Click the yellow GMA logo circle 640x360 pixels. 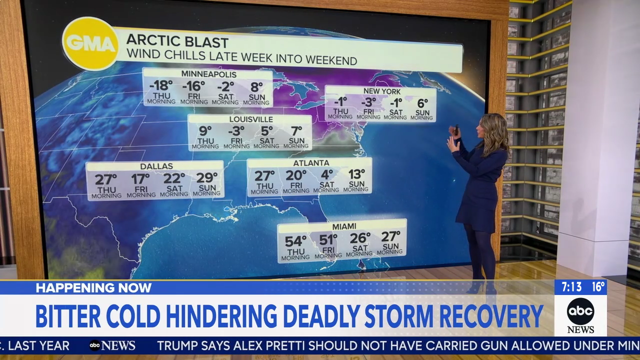tap(90, 44)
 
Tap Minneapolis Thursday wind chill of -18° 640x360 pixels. tap(161, 85)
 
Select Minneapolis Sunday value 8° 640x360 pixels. tap(256, 85)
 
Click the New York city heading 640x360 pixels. tap(381, 91)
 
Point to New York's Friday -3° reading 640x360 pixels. tap(368, 103)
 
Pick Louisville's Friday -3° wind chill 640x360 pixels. tap(236, 131)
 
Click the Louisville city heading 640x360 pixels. tap(251, 119)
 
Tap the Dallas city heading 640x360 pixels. tap(156, 166)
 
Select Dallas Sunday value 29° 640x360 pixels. tap(207, 178)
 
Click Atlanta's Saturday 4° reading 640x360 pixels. tap(327, 174)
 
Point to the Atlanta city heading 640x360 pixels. tap(311, 163)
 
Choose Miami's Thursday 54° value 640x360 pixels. tap(295, 241)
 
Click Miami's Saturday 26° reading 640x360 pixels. tap(359, 238)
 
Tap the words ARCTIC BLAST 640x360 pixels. tap(177, 41)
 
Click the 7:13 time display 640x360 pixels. tap(571, 287)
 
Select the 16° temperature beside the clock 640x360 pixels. tap(597, 287)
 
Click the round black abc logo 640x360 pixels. tap(580, 311)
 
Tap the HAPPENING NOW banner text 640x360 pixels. tap(93, 287)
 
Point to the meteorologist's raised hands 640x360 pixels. tap(454, 137)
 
